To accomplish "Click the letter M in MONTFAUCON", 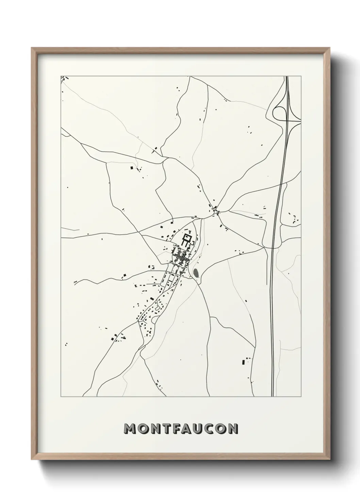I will pyautogui.click(x=130, y=429).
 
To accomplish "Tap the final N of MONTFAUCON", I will pyautogui.click(x=233, y=429).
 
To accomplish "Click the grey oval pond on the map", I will pyautogui.click(x=196, y=273).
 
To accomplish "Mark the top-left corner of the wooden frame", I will pyautogui.click(x=32, y=48).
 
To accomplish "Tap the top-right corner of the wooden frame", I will pyautogui.click(x=330, y=48).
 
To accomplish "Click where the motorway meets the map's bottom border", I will pyautogui.click(x=273, y=397).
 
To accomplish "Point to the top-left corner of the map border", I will pyautogui.click(x=61, y=76).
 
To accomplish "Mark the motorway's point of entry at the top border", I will pyautogui.click(x=287, y=76).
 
